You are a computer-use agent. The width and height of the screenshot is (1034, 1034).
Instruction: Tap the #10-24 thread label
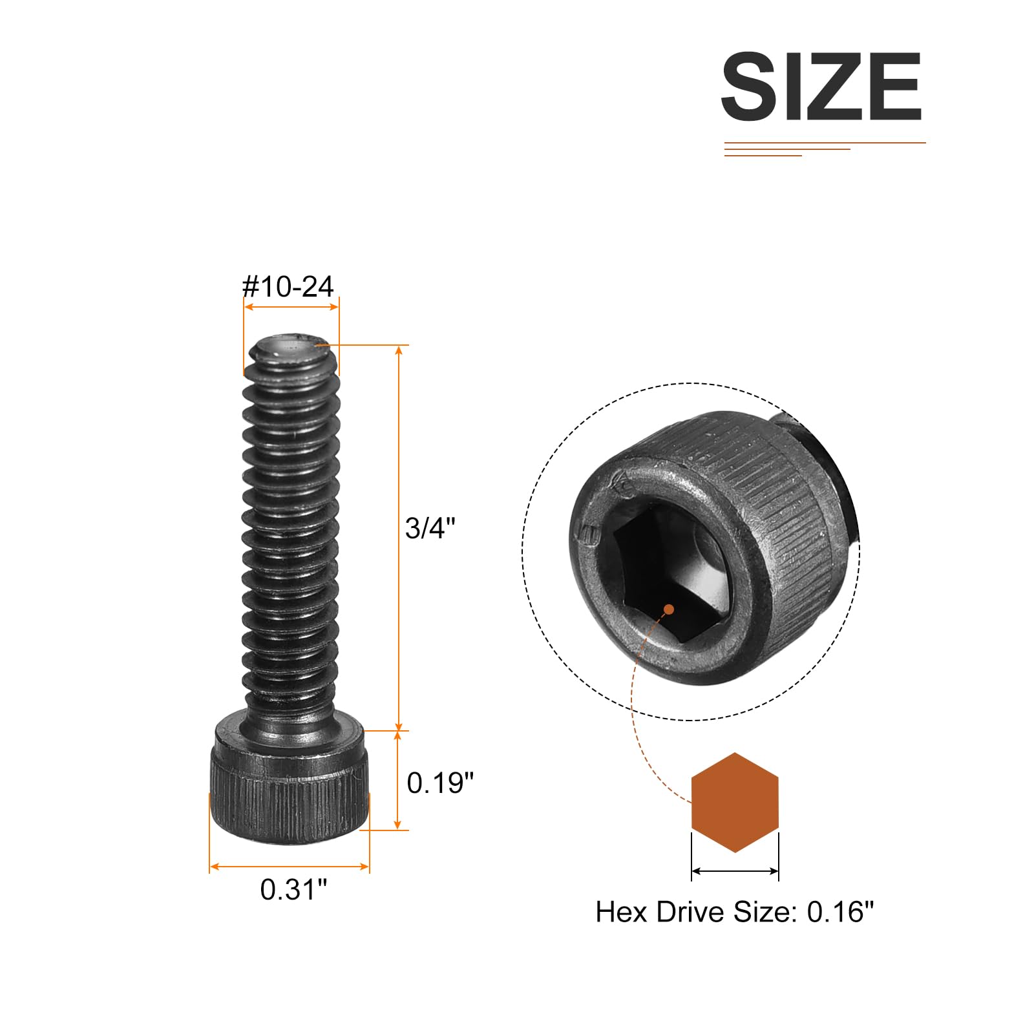tap(288, 286)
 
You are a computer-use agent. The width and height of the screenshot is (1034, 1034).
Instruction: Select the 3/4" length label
tap(430, 528)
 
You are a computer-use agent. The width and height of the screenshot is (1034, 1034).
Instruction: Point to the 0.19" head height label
tap(440, 783)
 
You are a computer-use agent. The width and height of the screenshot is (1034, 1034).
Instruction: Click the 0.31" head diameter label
tap(293, 889)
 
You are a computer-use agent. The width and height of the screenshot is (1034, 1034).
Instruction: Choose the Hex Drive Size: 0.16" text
tap(734, 912)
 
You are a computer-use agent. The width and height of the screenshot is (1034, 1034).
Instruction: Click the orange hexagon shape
tap(735, 802)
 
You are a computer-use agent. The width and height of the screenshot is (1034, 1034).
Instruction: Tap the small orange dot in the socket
tap(669, 609)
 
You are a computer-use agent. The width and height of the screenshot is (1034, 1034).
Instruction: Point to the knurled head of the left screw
tap(290, 785)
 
